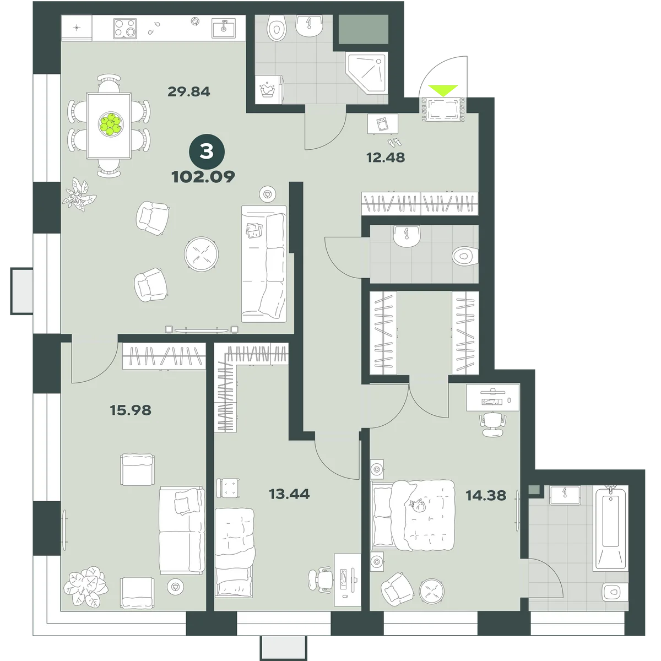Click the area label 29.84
pyautogui.click(x=189, y=91)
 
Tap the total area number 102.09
pyautogui.click(x=203, y=177)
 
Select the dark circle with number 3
pyautogui.click(x=207, y=152)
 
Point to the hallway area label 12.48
pyautogui.click(x=386, y=158)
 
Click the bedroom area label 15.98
pyautogui.click(x=131, y=410)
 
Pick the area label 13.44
pyautogui.click(x=289, y=494)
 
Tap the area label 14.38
pyautogui.click(x=486, y=496)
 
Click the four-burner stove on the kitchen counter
pyautogui.click(x=125, y=29)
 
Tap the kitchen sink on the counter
pyautogui.click(x=224, y=28)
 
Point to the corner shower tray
pyautogui.click(x=367, y=72)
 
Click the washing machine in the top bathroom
pyautogui.click(x=269, y=89)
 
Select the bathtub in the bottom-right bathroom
pyautogui.click(x=610, y=529)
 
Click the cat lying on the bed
pyautogui.click(x=418, y=506)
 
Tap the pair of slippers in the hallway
pyautogui.click(x=395, y=142)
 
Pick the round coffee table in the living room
pyautogui.click(x=202, y=254)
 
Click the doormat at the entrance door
pyautogui.click(x=443, y=109)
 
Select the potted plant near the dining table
pyautogui.click(x=79, y=194)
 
